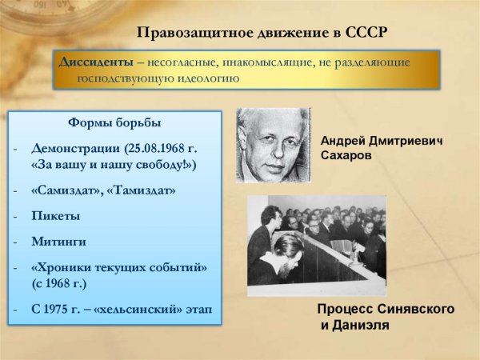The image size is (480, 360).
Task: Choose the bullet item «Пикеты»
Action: point(56,216)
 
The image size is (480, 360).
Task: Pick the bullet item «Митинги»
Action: point(59,241)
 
